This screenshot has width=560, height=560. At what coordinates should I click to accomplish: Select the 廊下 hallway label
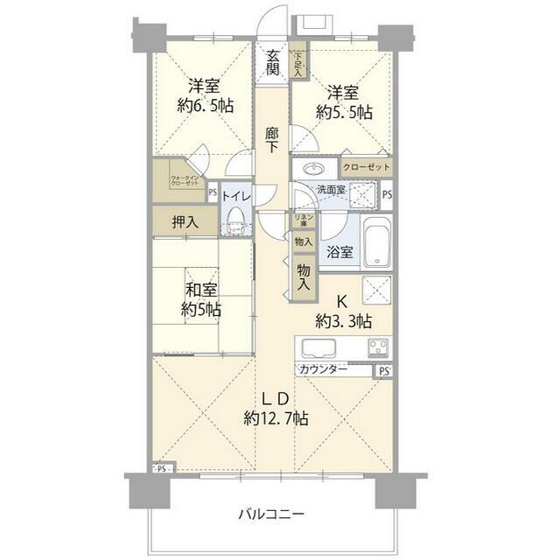point(272,140)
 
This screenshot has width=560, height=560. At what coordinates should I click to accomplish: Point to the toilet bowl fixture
point(233,223)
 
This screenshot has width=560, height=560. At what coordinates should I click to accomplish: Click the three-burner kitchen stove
point(379,347)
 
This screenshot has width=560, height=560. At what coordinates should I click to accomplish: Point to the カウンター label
point(323,370)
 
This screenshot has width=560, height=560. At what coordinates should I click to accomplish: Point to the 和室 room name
point(200,290)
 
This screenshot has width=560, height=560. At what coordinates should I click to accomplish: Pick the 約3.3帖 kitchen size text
point(344,320)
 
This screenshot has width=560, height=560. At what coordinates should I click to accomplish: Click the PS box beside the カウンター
point(385,371)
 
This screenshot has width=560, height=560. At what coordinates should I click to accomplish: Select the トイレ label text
point(236,197)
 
